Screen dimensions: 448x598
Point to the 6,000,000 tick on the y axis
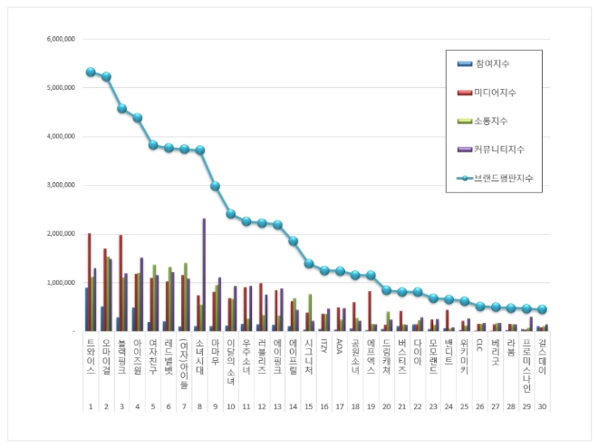61,40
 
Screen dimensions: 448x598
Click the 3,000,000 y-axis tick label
61,185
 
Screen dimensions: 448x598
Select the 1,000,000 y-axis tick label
61,282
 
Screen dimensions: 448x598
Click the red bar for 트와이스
89,282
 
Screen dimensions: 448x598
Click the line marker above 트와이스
90,72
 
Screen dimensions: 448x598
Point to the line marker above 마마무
215,186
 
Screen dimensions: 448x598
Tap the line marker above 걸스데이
542,309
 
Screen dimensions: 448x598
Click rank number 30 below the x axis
542,408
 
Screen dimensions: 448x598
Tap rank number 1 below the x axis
90,408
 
